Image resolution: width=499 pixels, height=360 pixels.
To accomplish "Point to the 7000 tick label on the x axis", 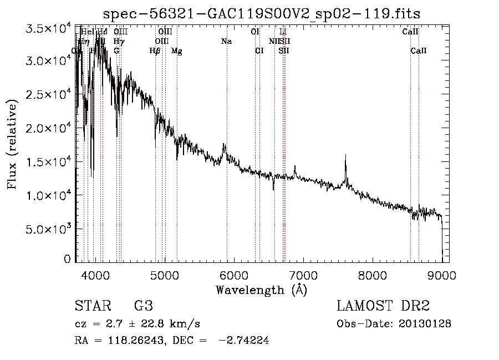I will click(303, 276).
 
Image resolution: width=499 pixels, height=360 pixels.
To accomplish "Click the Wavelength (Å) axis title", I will click(261, 290).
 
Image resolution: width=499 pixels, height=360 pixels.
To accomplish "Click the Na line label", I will click(226, 41).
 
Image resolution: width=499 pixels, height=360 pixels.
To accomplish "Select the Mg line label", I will click(176, 51).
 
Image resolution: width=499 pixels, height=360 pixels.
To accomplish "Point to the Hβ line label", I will click(155, 51).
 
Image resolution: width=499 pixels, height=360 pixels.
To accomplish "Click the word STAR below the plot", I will click(93, 306).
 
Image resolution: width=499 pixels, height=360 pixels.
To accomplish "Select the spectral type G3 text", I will click(143, 306).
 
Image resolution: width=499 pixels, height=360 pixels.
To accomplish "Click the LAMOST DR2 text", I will click(383, 306).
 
